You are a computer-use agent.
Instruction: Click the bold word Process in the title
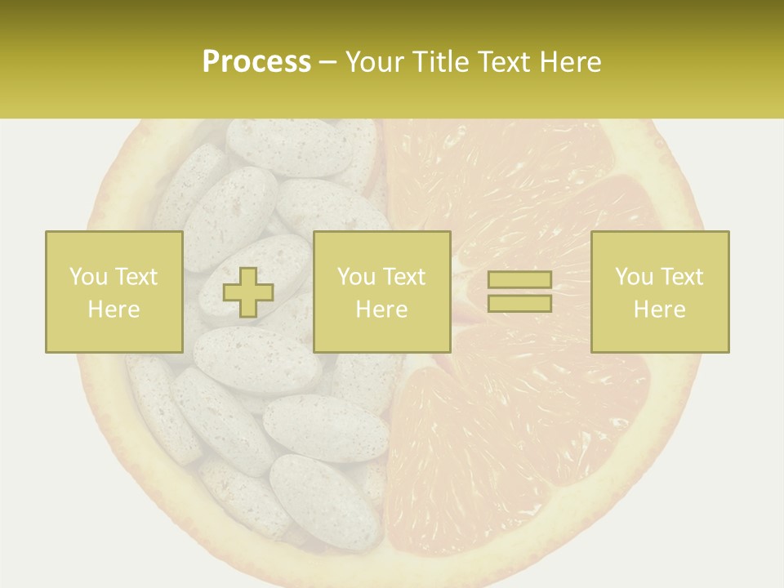[x=256, y=61]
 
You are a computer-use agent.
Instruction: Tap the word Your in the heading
[x=374, y=61]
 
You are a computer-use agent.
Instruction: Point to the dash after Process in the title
[x=327, y=63]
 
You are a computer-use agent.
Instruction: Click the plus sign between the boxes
[x=248, y=292]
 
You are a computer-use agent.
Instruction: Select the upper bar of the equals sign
[x=519, y=279]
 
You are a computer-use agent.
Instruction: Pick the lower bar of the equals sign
[x=519, y=303]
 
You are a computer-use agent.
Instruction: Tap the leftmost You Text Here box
[x=114, y=292]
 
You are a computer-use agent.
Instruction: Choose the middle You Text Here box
[x=381, y=292]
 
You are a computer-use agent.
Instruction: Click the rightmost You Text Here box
[x=659, y=292]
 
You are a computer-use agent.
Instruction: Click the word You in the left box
[x=87, y=277]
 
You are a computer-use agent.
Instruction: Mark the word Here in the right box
[x=659, y=310]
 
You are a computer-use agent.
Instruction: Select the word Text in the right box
[x=680, y=277]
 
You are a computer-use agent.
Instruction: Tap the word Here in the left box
[x=114, y=310]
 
